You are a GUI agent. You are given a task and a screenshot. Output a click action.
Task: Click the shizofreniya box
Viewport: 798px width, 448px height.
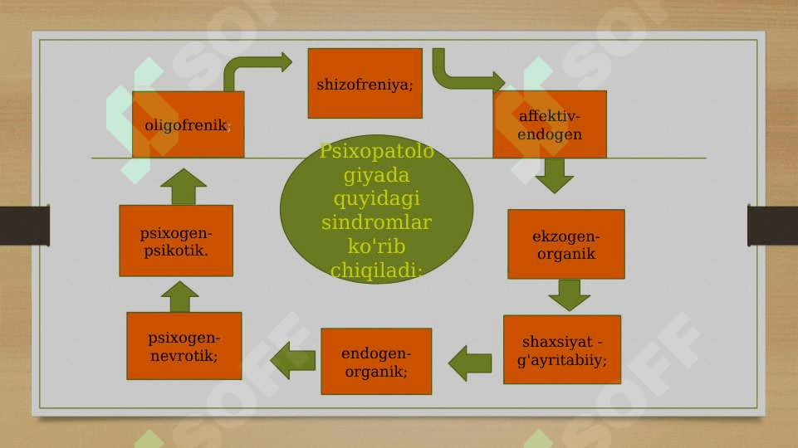click(x=365, y=84)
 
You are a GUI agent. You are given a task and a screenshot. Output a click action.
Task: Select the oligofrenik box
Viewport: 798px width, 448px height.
click(x=188, y=124)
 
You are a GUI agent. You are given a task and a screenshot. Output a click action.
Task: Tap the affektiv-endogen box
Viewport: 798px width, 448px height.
click(x=550, y=124)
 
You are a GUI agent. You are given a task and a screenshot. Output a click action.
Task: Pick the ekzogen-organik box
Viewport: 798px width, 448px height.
click(x=566, y=244)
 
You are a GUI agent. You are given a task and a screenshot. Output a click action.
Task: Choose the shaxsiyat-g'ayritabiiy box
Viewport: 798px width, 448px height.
click(x=562, y=349)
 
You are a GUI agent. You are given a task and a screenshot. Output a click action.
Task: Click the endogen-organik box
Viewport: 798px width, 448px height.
click(x=376, y=362)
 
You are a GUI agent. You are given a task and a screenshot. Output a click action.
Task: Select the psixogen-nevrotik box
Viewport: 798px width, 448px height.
click(x=184, y=346)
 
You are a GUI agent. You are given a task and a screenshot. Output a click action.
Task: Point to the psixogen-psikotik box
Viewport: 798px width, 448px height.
click(x=176, y=241)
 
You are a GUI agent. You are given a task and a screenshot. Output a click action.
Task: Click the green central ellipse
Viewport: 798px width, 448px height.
click(x=377, y=209)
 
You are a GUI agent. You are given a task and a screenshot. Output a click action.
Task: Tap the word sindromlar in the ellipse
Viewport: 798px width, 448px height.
click(x=377, y=222)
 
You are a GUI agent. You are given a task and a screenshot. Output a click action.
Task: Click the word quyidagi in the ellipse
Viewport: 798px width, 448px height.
click(x=377, y=197)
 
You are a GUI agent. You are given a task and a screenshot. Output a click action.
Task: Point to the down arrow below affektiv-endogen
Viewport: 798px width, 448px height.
click(x=554, y=175)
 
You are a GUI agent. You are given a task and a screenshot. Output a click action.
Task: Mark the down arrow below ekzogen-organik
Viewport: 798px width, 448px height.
click(x=569, y=295)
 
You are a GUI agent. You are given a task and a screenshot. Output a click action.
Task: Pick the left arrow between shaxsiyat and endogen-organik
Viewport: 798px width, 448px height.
click(x=470, y=363)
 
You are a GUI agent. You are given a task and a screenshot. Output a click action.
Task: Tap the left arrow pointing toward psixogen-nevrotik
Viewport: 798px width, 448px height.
click(x=292, y=361)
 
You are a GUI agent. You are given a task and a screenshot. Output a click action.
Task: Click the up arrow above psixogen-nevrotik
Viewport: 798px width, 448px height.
click(x=179, y=297)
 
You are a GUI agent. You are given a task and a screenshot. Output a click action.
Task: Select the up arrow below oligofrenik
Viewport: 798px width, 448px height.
click(x=184, y=187)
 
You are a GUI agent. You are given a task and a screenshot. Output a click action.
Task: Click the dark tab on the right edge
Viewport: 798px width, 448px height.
click(x=772, y=226)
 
